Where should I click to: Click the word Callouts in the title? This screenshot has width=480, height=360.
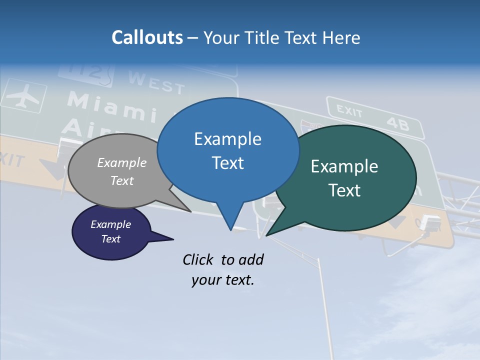coord(147,37)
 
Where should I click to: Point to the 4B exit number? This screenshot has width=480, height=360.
coord(397,123)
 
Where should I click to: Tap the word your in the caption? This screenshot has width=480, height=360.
coord(206,280)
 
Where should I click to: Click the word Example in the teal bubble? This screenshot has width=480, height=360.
coord(344,166)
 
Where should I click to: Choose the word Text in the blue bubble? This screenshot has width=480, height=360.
coord(227,163)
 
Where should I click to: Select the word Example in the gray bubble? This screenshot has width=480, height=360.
coord(122,162)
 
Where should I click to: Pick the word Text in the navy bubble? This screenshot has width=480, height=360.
coord(111,239)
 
